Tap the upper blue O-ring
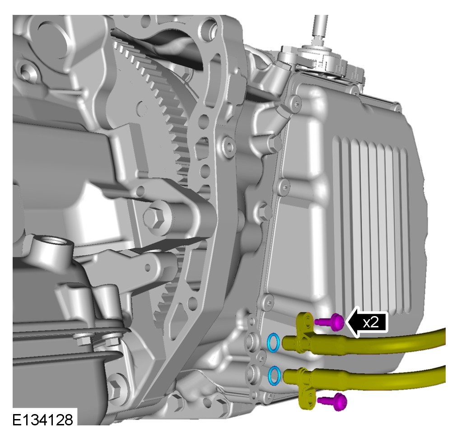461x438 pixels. tap(274, 342)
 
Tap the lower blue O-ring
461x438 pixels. tap(275, 375)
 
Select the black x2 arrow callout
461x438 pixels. tap(367, 322)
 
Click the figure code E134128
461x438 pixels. tap(42, 420)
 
